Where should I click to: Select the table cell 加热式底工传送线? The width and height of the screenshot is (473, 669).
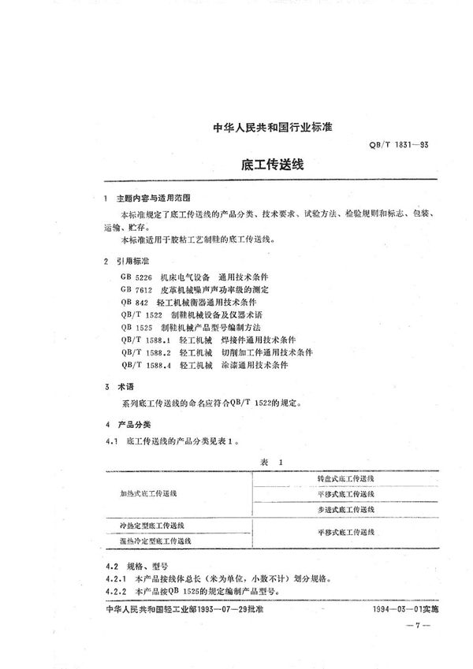point(149,492)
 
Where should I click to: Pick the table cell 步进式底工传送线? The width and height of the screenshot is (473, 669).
point(345,511)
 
